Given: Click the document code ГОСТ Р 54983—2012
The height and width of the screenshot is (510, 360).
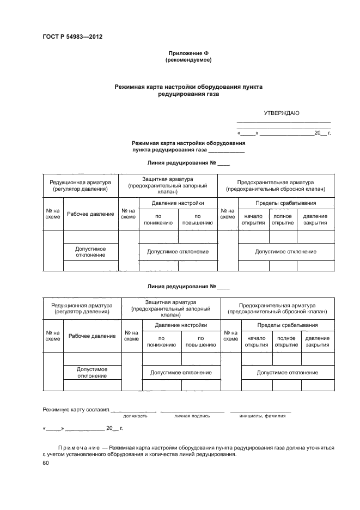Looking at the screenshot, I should (72, 37).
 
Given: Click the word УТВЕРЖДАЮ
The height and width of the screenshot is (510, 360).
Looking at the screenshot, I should (282, 113).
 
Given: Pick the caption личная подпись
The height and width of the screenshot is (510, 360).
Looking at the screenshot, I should (192, 416).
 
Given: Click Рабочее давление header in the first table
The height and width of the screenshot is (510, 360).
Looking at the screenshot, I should (90, 214).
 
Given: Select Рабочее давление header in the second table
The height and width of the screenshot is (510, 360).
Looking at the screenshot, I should (92, 336).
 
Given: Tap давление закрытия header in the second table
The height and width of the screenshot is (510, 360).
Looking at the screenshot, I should (317, 341).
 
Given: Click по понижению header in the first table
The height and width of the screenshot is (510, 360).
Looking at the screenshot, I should (158, 219).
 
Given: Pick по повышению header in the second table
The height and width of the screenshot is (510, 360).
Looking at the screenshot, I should (200, 341).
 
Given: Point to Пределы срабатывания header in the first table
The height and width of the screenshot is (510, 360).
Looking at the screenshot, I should (285, 203).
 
